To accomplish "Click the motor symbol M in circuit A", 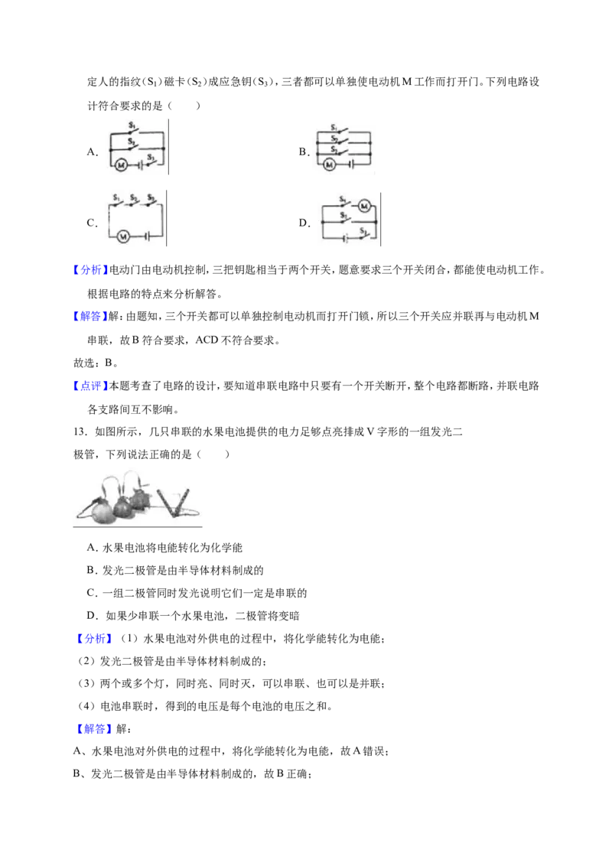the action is pyautogui.click(x=120, y=164).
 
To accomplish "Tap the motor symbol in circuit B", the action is pyautogui.click(x=330, y=164).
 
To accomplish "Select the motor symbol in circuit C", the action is pyautogui.click(x=123, y=236).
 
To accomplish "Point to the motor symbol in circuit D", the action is pyautogui.click(x=364, y=206).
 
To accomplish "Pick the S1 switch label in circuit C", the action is pyautogui.click(x=116, y=197).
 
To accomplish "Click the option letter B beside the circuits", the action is pyautogui.click(x=304, y=151).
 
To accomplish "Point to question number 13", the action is pyautogui.click(x=81, y=431).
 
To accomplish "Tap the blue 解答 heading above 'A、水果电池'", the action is pyautogui.click(x=94, y=728).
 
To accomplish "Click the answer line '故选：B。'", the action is pyautogui.click(x=96, y=363).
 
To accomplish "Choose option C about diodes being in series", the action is pyautogui.click(x=197, y=593).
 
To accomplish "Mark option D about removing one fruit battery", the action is pyautogui.click(x=194, y=615).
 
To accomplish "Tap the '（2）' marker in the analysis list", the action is pyautogui.click(x=87, y=660).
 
